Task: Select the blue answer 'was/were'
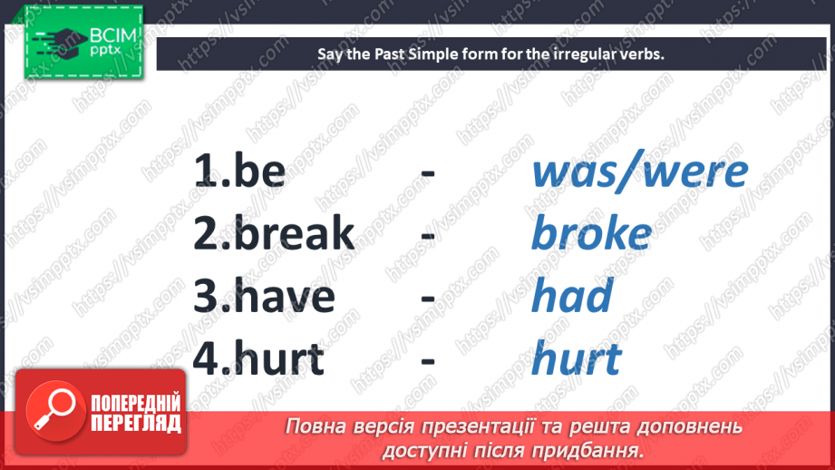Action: pos(639,171)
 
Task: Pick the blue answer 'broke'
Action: pos(590,234)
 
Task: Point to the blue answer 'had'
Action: pos(571,297)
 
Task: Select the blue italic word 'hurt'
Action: pos(576,358)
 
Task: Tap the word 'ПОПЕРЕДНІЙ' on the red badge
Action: pos(135,403)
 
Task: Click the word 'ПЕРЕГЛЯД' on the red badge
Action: pos(135,423)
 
